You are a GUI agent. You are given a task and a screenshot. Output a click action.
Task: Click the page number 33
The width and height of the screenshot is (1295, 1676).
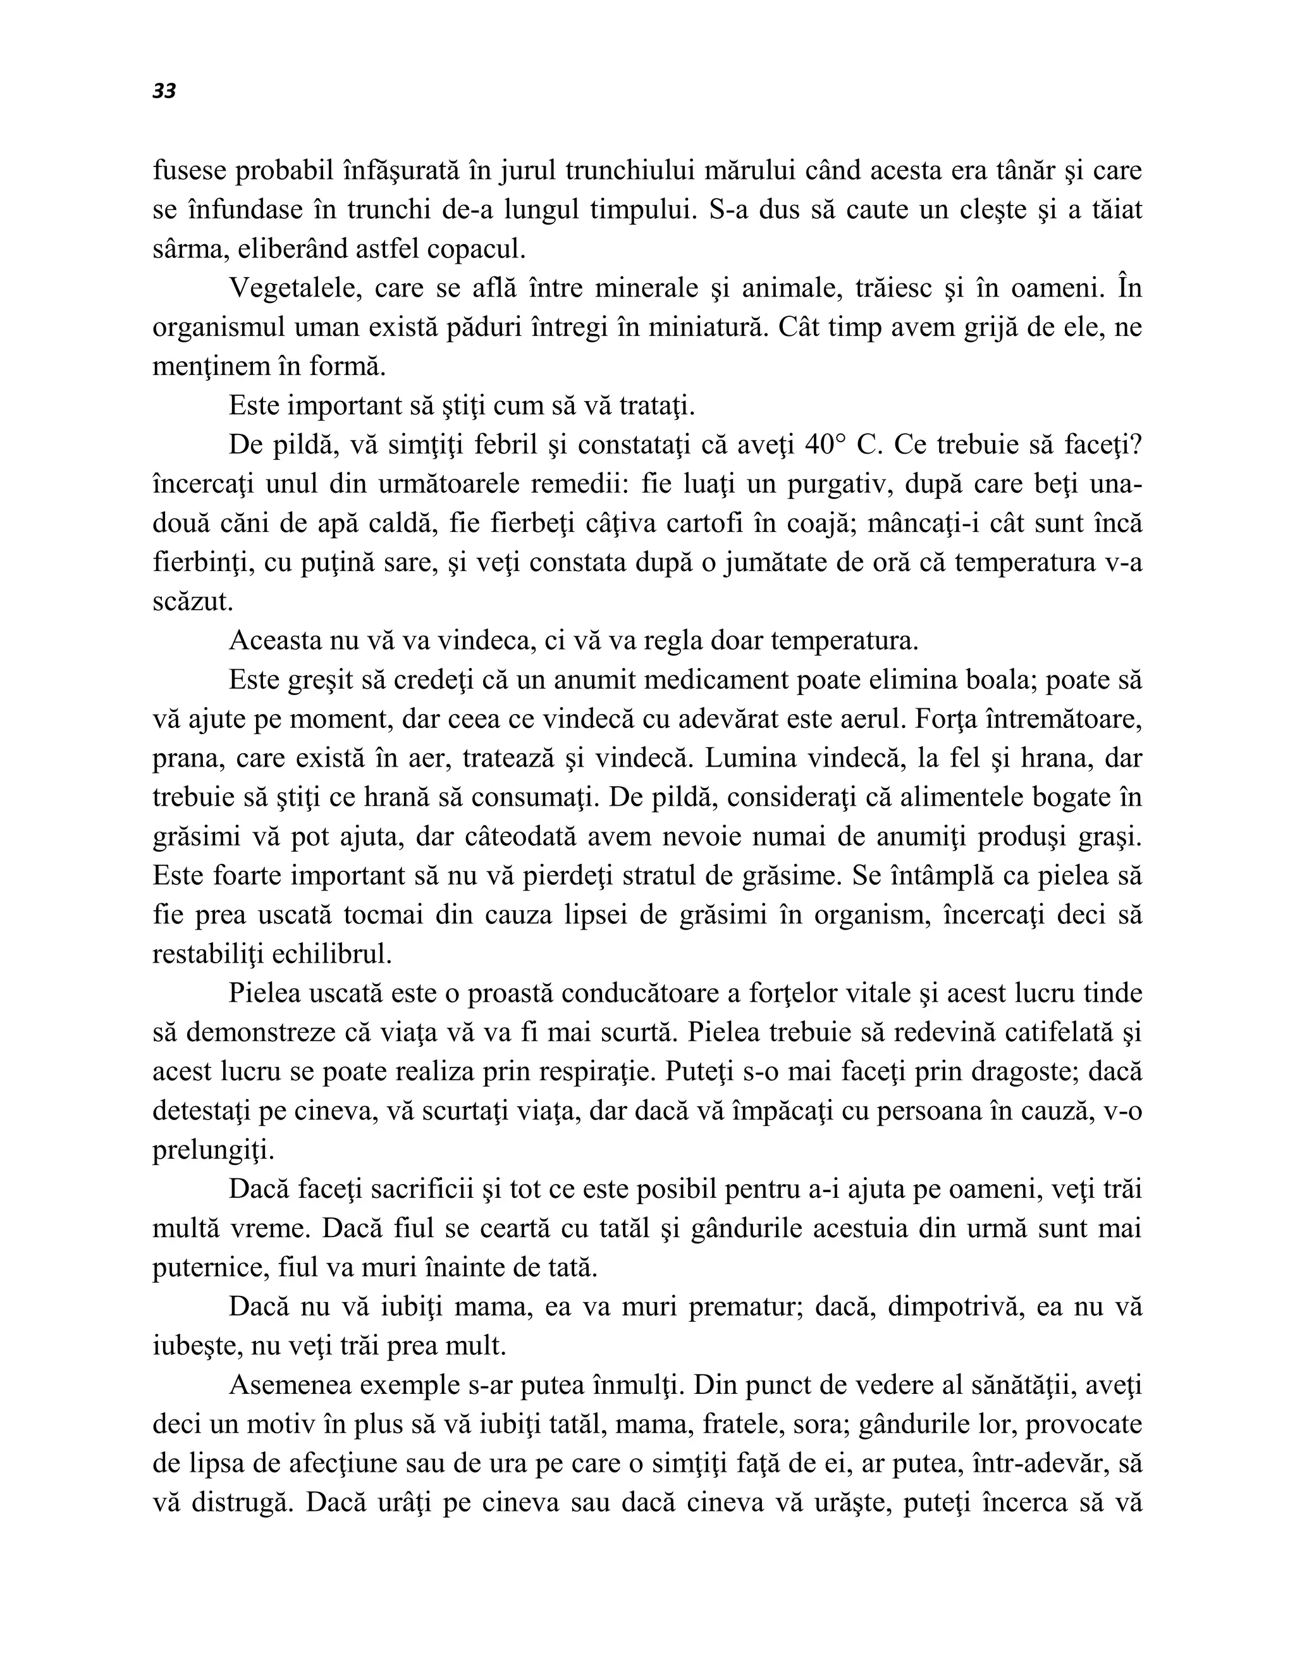164,91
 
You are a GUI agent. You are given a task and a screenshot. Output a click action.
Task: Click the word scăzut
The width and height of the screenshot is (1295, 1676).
192,601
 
